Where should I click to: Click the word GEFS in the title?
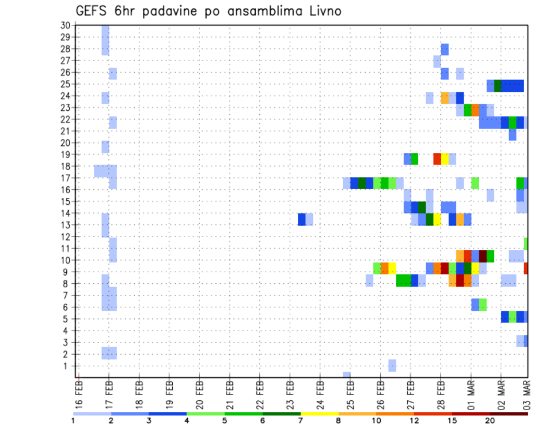tap(92, 11)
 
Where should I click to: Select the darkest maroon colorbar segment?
tap(509, 414)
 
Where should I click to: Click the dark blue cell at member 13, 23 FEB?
tap(302, 219)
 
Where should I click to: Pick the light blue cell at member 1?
tap(392, 366)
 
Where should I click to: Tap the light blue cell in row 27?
tap(437, 61)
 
